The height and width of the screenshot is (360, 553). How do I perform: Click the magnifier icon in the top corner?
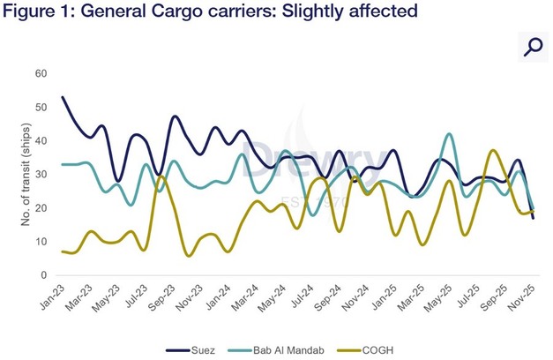pyautogui.click(x=531, y=47)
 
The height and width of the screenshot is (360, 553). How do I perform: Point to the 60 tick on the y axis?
pyautogui.click(x=41, y=73)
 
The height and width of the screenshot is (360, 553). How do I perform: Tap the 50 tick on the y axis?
pyautogui.click(x=41, y=107)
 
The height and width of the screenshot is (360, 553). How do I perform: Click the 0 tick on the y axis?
pyautogui.click(x=43, y=275)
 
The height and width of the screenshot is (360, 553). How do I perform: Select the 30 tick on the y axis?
pyautogui.click(x=41, y=174)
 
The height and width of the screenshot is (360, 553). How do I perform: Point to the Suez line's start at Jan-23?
pyautogui.click(x=62, y=97)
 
